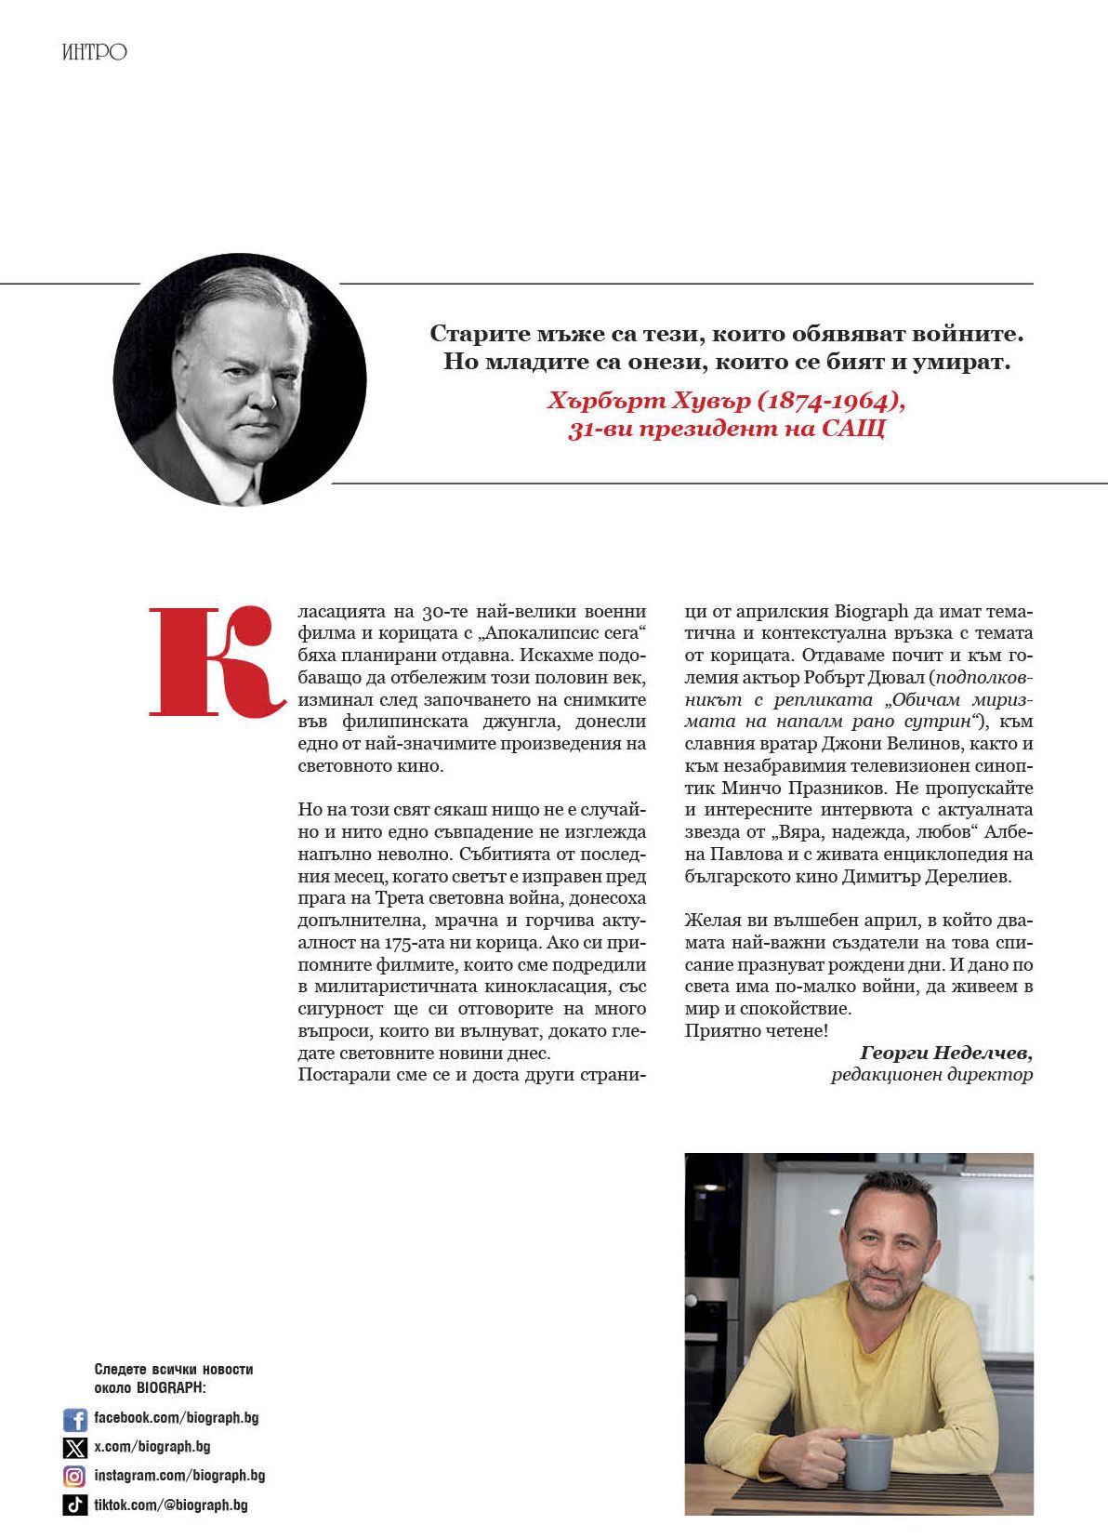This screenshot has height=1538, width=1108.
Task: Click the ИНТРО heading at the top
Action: pos(94,52)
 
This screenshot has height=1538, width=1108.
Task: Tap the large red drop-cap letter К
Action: pos(216,661)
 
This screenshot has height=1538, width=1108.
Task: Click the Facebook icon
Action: pos(74,1419)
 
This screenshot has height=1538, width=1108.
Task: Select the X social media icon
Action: pos(74,1448)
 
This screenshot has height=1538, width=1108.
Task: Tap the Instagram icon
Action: pos(74,1477)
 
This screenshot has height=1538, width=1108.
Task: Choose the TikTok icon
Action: pos(74,1505)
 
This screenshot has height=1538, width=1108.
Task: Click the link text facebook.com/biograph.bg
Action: pos(176,1418)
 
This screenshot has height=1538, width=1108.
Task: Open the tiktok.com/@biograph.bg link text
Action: pos(170,1505)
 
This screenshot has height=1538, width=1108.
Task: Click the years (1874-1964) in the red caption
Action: pos(830,401)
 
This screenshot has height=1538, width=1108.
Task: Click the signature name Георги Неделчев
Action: pos(945,1053)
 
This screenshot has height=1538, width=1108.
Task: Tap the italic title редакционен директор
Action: pos(931,1075)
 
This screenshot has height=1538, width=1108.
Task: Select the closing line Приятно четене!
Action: pos(756,1030)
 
